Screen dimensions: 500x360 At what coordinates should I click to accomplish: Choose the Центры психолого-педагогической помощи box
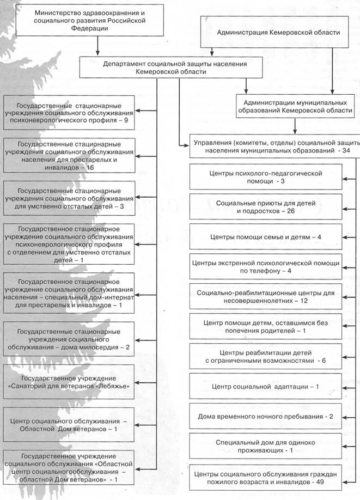coord(266,176)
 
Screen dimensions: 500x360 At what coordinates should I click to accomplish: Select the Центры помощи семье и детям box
coord(266,237)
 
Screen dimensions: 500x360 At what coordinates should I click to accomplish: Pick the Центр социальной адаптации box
coord(266,387)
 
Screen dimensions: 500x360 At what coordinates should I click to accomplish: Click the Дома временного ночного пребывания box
coord(266,417)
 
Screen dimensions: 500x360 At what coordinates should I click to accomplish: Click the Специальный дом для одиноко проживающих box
coord(266,447)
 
